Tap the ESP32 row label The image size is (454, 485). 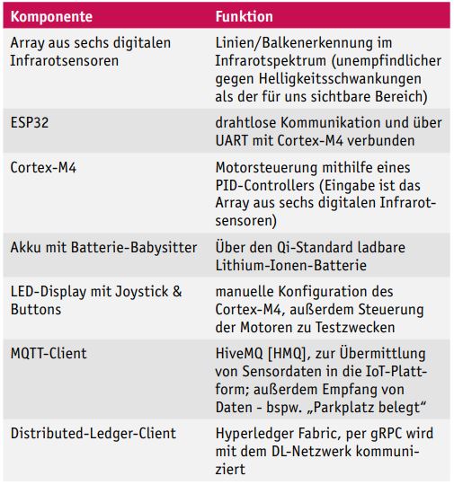click(x=31, y=121)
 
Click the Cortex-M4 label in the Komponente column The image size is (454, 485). click(x=41, y=168)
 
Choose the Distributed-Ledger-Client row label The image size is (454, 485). click(x=93, y=434)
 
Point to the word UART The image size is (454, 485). click(x=236, y=139)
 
